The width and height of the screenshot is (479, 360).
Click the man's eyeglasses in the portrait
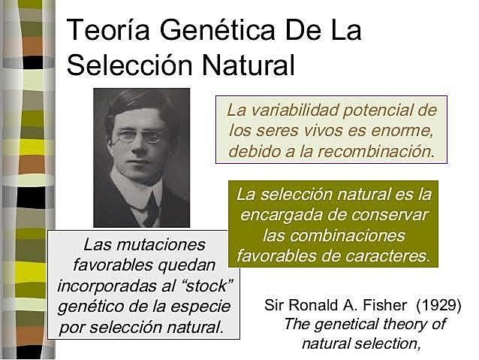point(140,136)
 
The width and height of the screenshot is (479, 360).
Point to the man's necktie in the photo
point(150,209)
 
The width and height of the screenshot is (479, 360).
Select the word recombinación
point(379,150)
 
